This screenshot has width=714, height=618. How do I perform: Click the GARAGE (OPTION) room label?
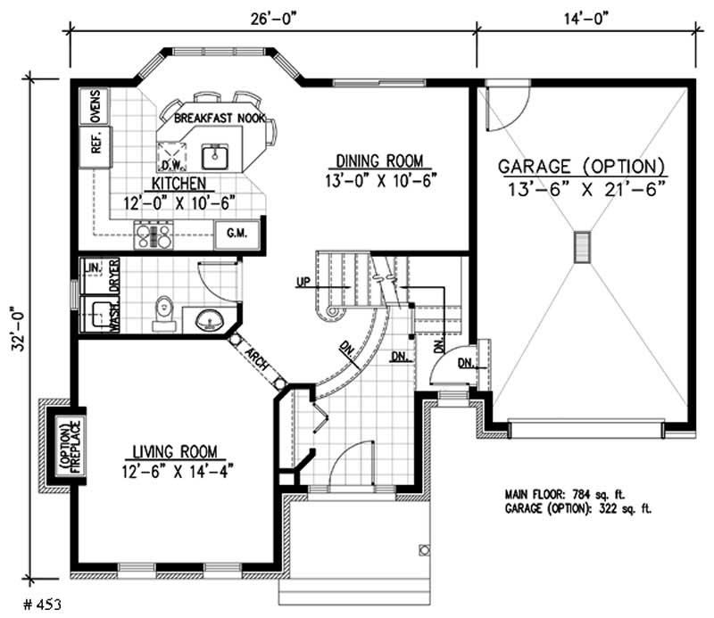581,167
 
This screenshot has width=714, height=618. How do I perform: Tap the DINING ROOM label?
383,161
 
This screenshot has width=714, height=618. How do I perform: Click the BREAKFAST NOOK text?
219,119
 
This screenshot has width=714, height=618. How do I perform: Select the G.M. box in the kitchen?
237,235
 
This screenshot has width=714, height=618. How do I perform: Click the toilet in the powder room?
163,308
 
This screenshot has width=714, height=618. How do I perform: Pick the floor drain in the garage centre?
583,246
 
